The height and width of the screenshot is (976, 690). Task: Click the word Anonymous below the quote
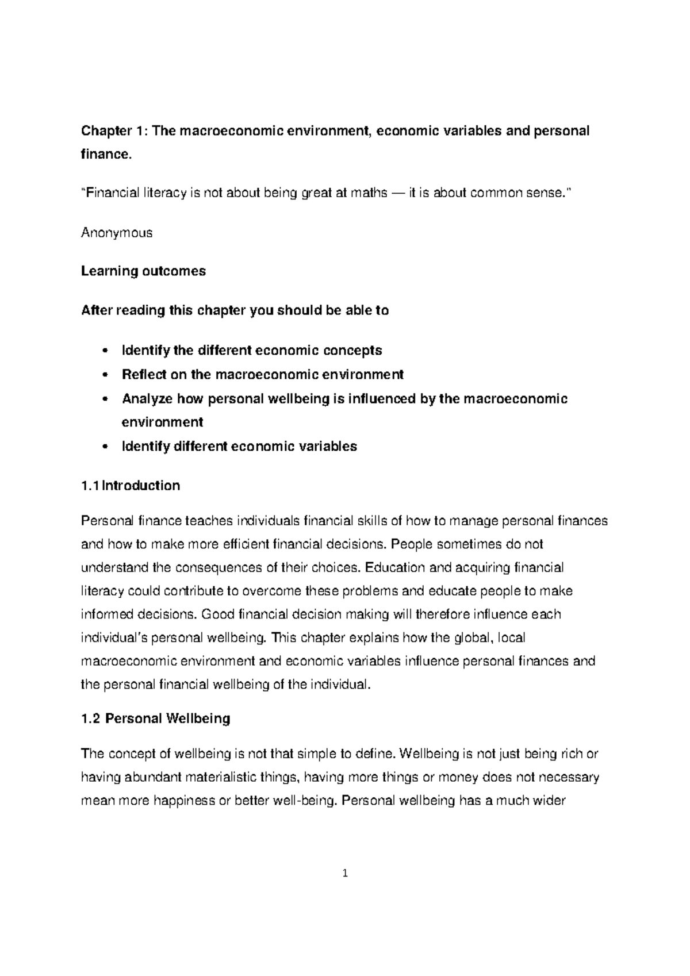(117, 233)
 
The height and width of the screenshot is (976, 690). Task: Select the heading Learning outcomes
(143, 271)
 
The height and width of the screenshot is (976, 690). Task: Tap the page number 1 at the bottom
(345, 874)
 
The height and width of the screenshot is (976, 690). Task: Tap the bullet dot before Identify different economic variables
(104, 447)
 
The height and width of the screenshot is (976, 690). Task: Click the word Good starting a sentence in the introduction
(217, 615)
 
